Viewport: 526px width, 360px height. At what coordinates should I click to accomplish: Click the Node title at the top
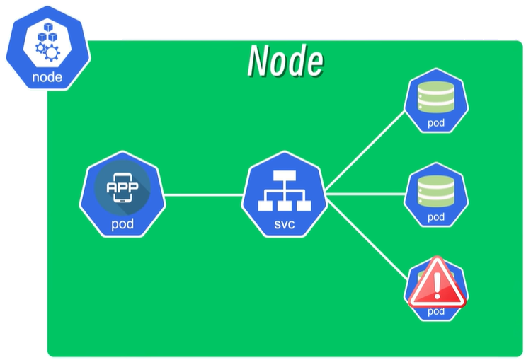tap(285, 62)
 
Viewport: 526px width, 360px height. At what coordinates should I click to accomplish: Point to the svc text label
tap(283, 226)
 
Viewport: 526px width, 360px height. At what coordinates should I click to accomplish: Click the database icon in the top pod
tap(435, 96)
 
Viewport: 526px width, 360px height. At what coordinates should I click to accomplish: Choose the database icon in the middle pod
tap(435, 190)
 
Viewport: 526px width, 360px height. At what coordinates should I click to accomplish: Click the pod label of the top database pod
tap(435, 122)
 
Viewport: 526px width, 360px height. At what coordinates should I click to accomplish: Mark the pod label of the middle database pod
tap(435, 216)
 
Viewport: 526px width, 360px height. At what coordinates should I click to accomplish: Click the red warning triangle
tap(437, 283)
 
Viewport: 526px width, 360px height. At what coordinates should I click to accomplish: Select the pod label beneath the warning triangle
tap(436, 311)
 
